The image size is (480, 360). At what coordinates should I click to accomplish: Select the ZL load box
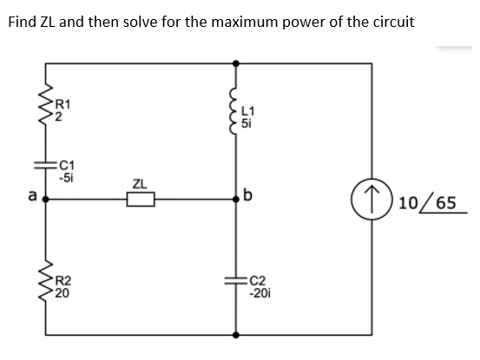[141, 200]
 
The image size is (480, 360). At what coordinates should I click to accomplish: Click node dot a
[46, 200]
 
